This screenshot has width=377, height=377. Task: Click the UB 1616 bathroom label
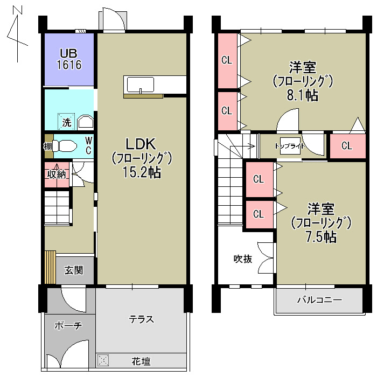[x=69, y=59]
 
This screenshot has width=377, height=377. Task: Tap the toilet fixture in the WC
[x=64, y=146]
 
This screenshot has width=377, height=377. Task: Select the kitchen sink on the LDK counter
[x=141, y=85]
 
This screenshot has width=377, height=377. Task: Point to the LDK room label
[x=141, y=144]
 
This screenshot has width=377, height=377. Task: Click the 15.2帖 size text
[x=142, y=172]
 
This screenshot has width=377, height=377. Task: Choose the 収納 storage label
[x=57, y=174]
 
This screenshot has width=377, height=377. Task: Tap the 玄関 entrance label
[x=74, y=270]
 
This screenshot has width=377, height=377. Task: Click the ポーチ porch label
[x=68, y=325]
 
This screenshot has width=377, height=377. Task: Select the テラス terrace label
[x=141, y=319]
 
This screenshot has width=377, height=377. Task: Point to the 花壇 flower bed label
[x=141, y=361]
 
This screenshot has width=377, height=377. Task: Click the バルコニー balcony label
[x=319, y=300]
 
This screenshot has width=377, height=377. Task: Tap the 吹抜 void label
[x=243, y=259]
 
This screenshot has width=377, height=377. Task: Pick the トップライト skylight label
[x=290, y=146]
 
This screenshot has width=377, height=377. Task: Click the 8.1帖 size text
[x=303, y=95]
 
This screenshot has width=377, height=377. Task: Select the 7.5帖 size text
[x=321, y=237]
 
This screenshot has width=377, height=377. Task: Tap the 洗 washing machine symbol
[x=66, y=122]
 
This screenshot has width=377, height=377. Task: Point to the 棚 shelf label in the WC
[x=48, y=146]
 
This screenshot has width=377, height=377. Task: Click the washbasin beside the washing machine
[x=85, y=122]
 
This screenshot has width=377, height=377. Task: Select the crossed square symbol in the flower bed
[x=103, y=360]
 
